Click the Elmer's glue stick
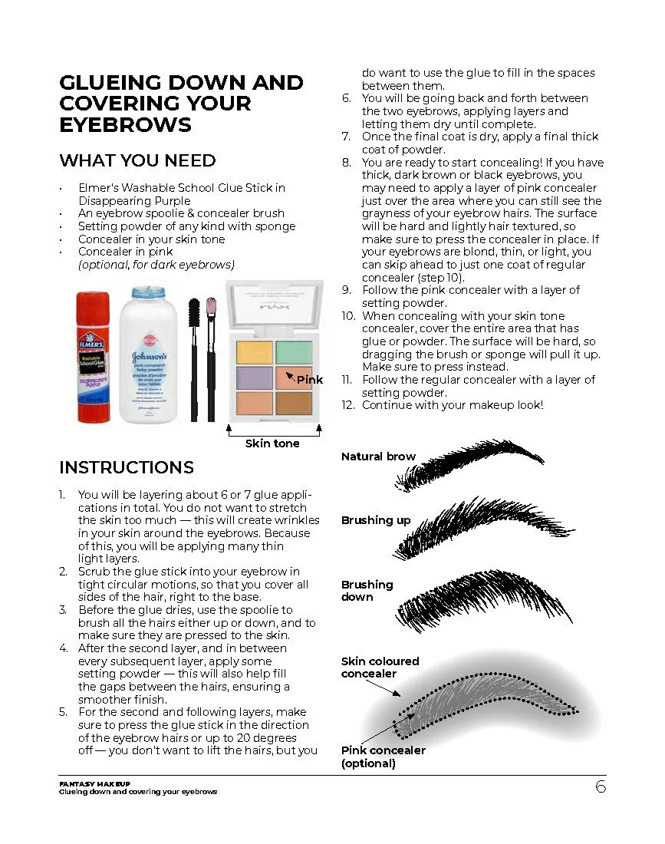[x=93, y=357]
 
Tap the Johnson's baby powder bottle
[x=149, y=354]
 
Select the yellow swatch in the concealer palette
[x=254, y=353]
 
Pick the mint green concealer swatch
[x=294, y=353]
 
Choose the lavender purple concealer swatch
[x=254, y=377]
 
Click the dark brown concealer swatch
[x=294, y=403]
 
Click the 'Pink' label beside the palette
[x=310, y=380]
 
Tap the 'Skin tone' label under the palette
[x=272, y=443]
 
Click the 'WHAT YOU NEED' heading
[x=138, y=160]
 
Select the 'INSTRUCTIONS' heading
[x=127, y=467]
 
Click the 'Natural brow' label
[x=378, y=457]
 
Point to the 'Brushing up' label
[x=376, y=520]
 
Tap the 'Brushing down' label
[x=367, y=591]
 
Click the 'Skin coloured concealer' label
[x=380, y=668]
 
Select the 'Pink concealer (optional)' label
[x=383, y=757]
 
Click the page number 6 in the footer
[x=601, y=787]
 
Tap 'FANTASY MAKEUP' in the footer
[x=94, y=783]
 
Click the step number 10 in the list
[x=348, y=316]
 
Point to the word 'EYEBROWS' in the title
[x=125, y=125]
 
